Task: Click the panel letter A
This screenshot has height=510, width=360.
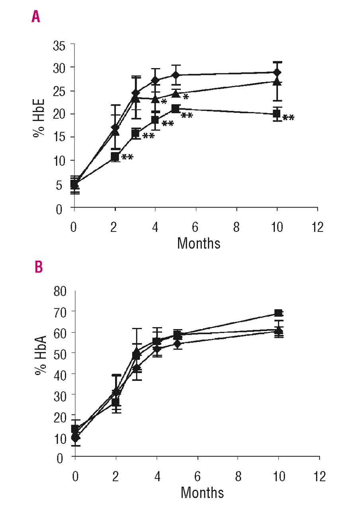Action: tap(36, 17)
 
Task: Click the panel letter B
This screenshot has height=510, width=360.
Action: tap(39, 267)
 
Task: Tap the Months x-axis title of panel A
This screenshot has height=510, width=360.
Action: tap(198, 243)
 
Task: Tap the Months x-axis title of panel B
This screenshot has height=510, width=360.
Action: tap(202, 492)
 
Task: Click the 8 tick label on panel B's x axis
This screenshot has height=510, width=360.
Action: tap(238, 477)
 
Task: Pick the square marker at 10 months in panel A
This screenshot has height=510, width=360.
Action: tap(277, 114)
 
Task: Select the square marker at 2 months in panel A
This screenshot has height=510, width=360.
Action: tap(115, 156)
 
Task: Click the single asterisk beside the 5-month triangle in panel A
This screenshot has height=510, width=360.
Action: tap(186, 97)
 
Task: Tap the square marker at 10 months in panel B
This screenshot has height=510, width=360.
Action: tap(278, 313)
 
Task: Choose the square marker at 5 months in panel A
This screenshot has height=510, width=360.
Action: tap(176, 109)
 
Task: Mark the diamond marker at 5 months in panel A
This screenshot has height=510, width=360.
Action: tap(176, 75)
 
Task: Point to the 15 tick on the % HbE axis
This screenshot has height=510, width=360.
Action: tap(61, 137)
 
